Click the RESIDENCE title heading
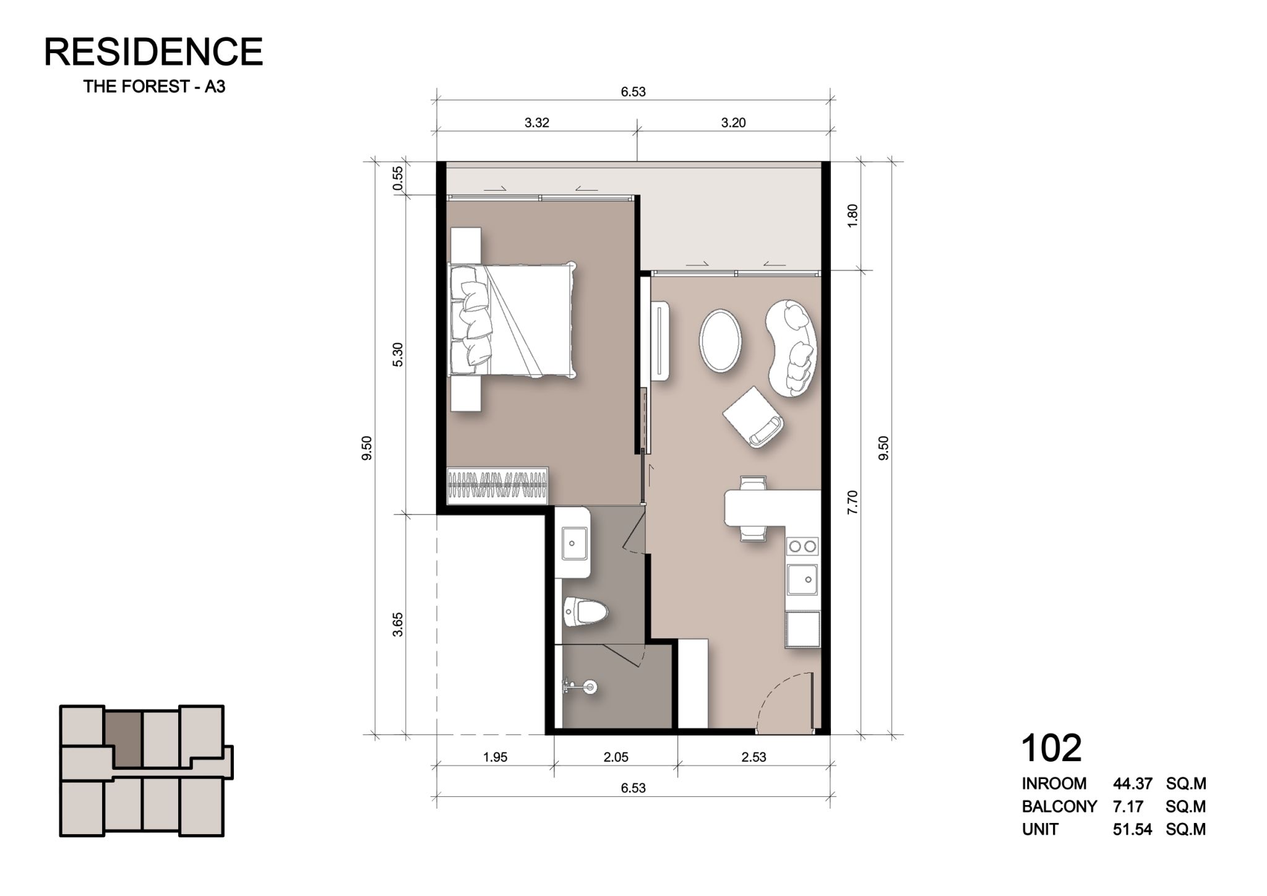(153, 51)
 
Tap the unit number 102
(1051, 748)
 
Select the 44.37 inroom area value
(1133, 784)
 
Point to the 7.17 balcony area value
(1124, 807)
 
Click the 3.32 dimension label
(536, 123)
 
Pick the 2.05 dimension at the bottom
(616, 757)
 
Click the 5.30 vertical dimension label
(398, 354)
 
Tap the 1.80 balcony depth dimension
(853, 216)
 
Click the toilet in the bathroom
(585, 613)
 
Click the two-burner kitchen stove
(802, 546)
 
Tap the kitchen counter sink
(802, 579)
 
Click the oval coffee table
(719, 340)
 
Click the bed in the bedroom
(512, 320)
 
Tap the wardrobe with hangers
(498, 485)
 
